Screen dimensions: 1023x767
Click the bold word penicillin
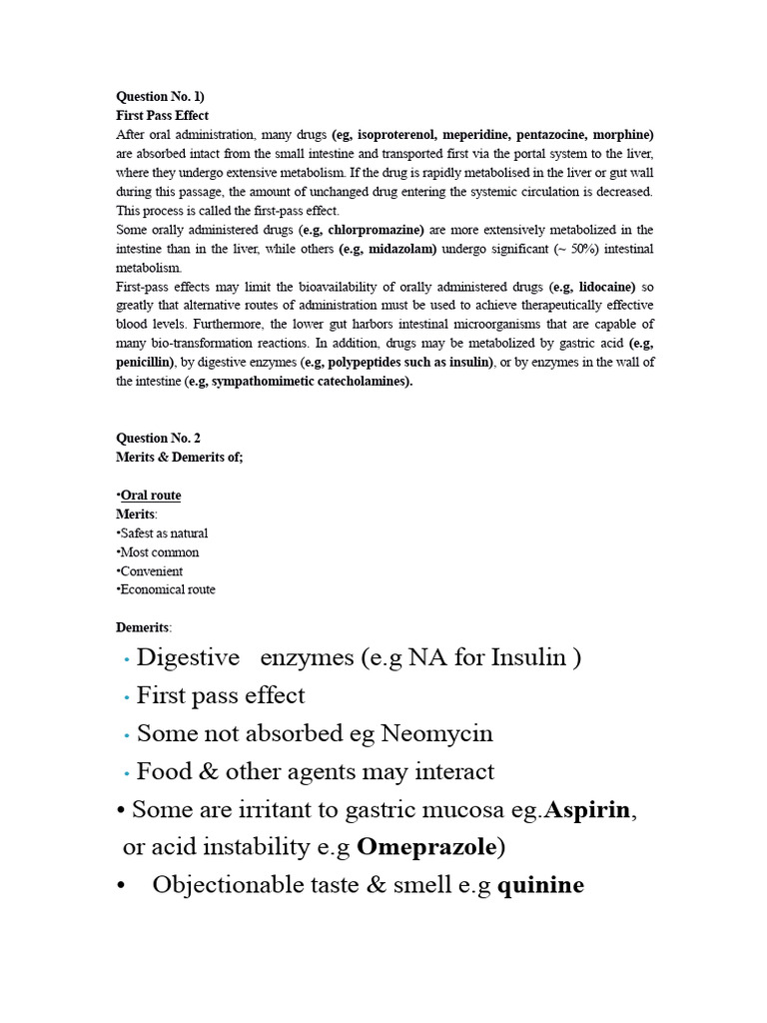click(145, 362)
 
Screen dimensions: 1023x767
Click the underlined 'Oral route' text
click(151, 495)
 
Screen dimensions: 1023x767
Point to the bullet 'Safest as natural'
click(164, 532)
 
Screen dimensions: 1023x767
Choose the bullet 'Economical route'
click(168, 589)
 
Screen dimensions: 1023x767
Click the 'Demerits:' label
click(144, 627)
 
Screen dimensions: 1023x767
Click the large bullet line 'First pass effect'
click(221, 695)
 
